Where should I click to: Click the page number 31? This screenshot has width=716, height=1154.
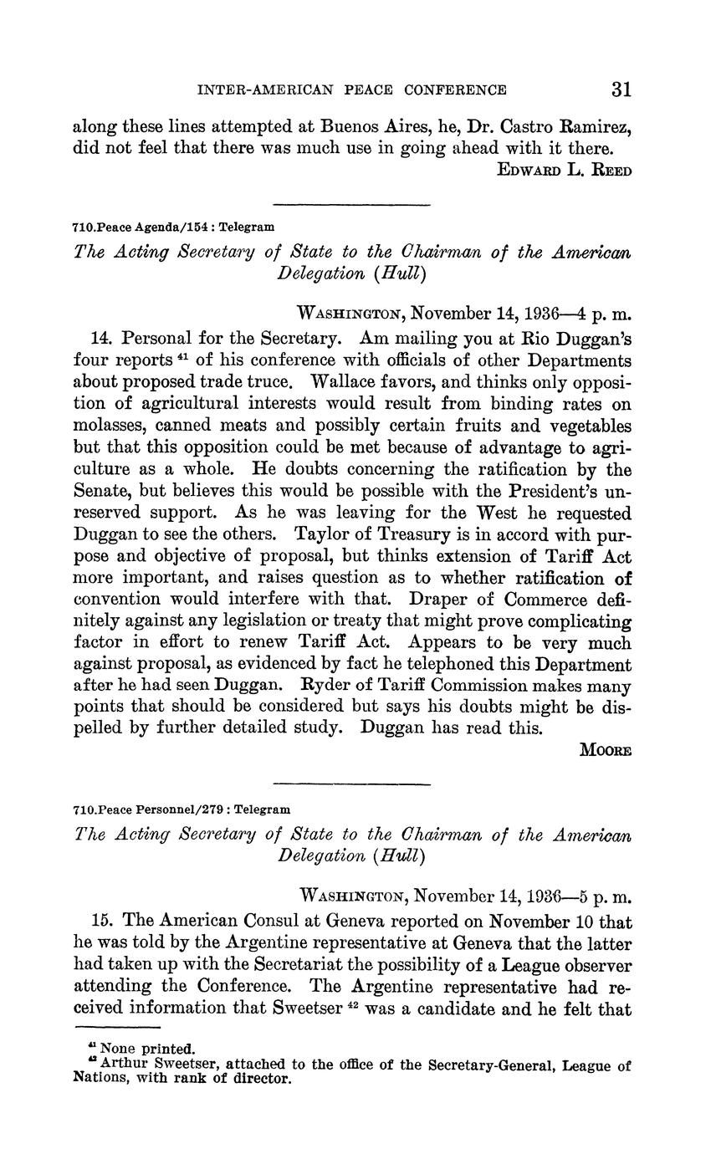coord(621,89)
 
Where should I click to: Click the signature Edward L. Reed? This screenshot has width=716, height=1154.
coord(565,171)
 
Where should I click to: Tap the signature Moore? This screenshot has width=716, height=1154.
coord(606,750)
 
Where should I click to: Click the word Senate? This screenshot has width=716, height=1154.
coord(102,490)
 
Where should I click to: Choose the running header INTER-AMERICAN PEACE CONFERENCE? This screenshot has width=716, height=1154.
coord(350,90)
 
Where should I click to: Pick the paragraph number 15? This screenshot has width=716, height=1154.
coord(101,922)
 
